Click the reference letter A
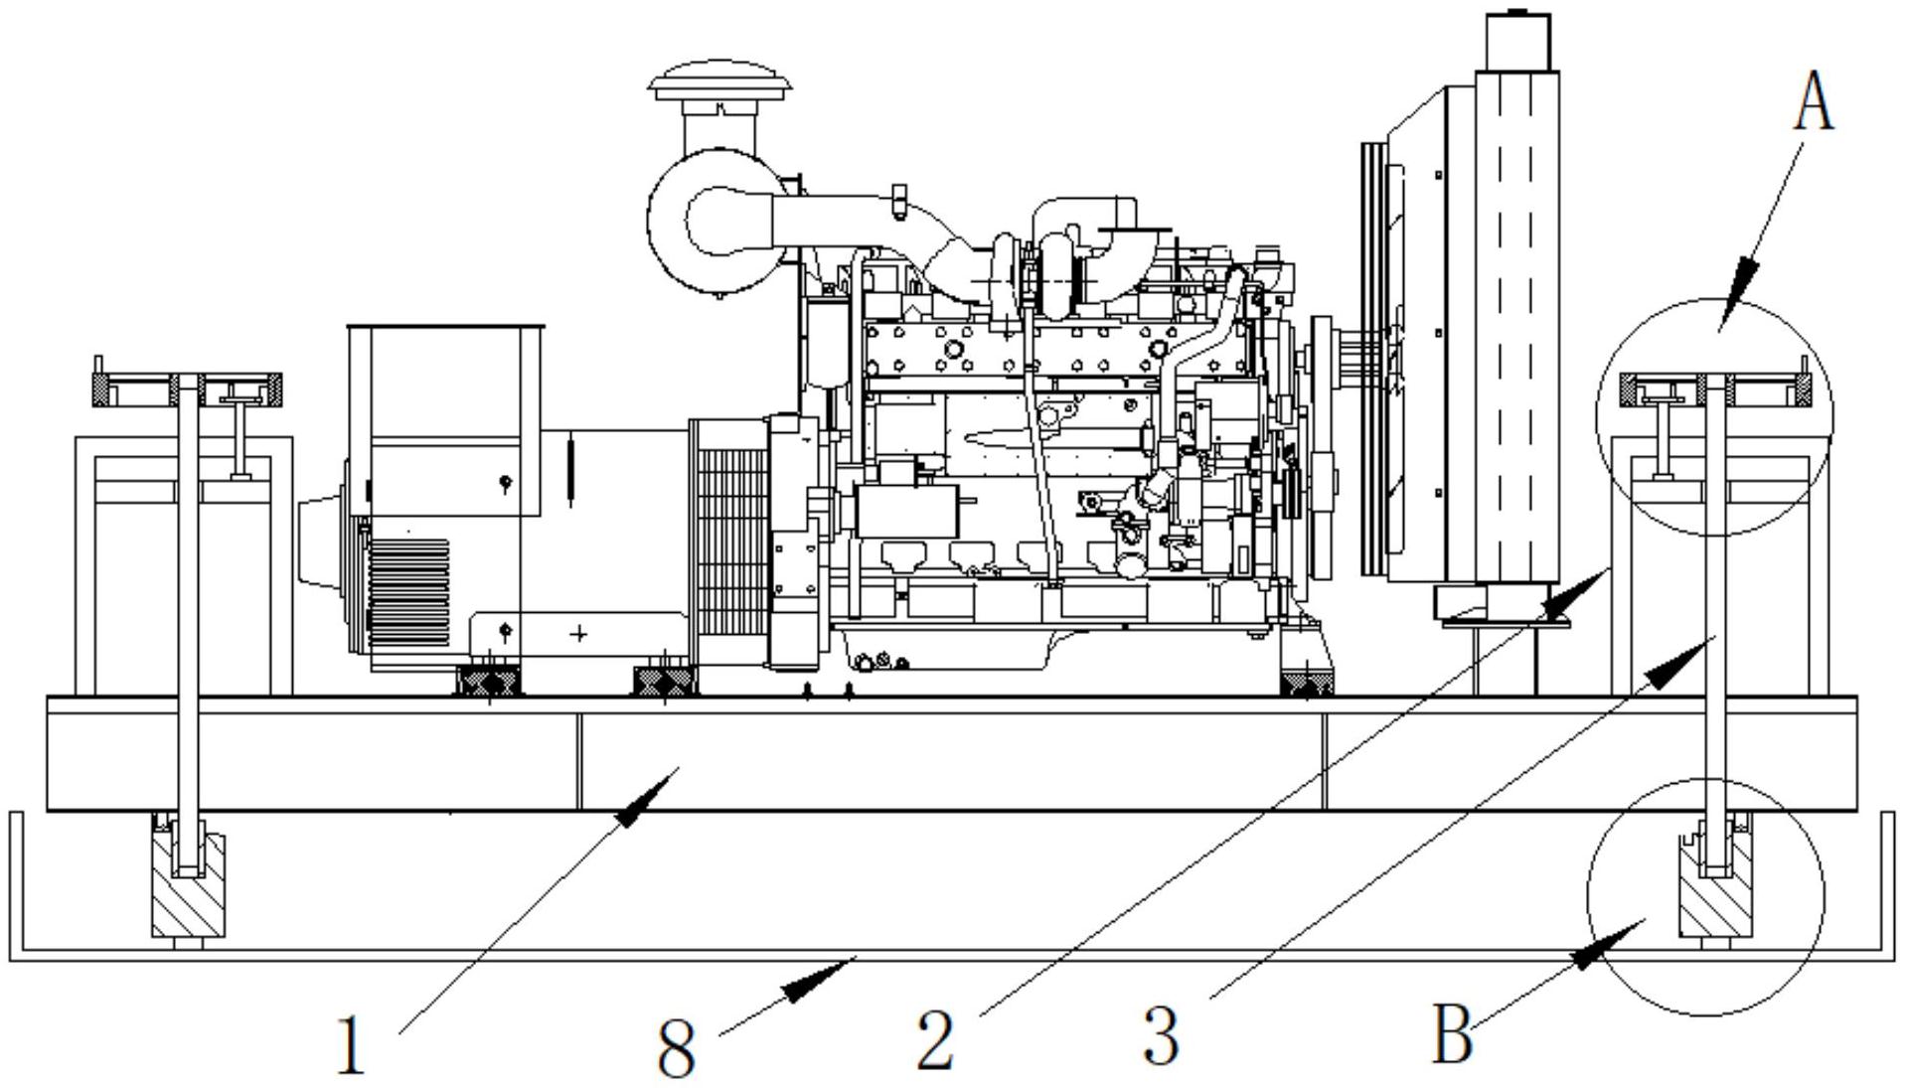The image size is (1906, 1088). [1814, 104]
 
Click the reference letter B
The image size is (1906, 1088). [1452, 1035]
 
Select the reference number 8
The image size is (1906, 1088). [677, 1049]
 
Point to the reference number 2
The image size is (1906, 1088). [935, 1040]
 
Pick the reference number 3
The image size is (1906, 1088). [1161, 1035]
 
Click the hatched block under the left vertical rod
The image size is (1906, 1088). [188, 887]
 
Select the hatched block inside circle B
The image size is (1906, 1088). [1714, 889]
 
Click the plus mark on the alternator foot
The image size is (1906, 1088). [579, 633]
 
